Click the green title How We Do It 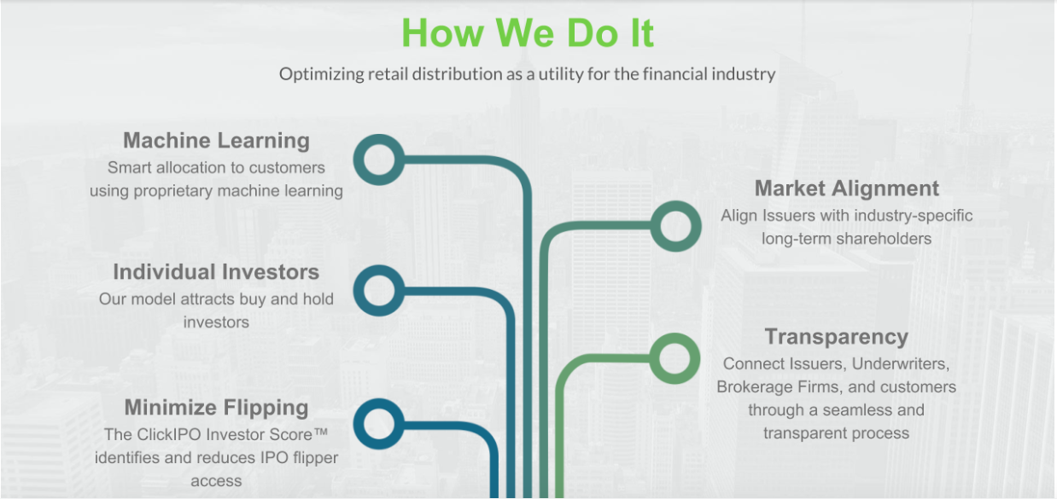click(x=528, y=33)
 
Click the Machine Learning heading click(x=217, y=141)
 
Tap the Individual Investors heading click(x=216, y=272)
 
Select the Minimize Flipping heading click(x=217, y=408)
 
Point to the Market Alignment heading click(x=847, y=189)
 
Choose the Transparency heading click(x=836, y=337)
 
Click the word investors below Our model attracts click(x=216, y=322)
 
